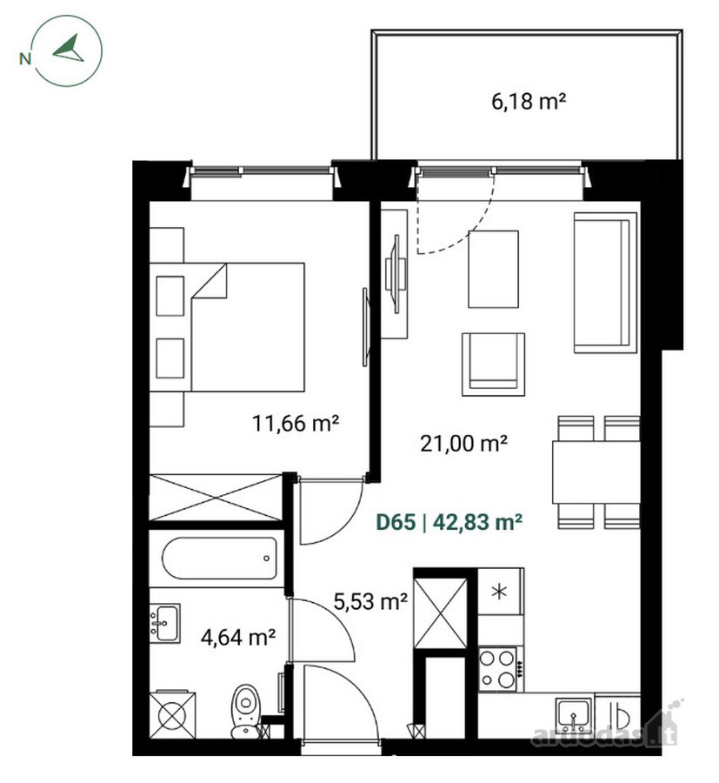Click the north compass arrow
(x=70, y=50)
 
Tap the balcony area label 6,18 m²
(x=529, y=102)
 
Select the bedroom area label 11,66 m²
(x=296, y=424)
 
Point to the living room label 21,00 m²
(x=463, y=443)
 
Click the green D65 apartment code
(x=396, y=522)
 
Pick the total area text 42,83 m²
(x=477, y=522)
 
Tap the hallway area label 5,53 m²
(x=370, y=601)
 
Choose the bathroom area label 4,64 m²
(x=238, y=637)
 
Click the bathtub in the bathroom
(x=219, y=559)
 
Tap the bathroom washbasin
(x=164, y=623)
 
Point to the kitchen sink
(x=574, y=714)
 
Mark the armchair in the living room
(x=494, y=365)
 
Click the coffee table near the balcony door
(x=493, y=269)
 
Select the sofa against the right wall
(x=605, y=283)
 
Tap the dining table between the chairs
(x=596, y=472)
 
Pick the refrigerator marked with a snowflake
(x=501, y=592)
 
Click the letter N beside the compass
(x=25, y=58)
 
